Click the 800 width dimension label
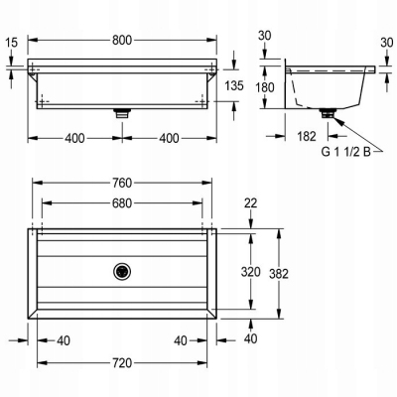tap(122, 40)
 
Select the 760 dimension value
tap(122, 183)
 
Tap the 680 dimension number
tap(122, 203)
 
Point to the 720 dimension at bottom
tap(122, 363)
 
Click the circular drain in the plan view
tap(122, 271)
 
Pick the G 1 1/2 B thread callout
tap(346, 152)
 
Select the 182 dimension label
tap(307, 136)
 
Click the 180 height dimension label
tap(265, 87)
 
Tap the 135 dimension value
tap(234, 85)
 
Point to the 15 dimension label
tap(12, 43)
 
